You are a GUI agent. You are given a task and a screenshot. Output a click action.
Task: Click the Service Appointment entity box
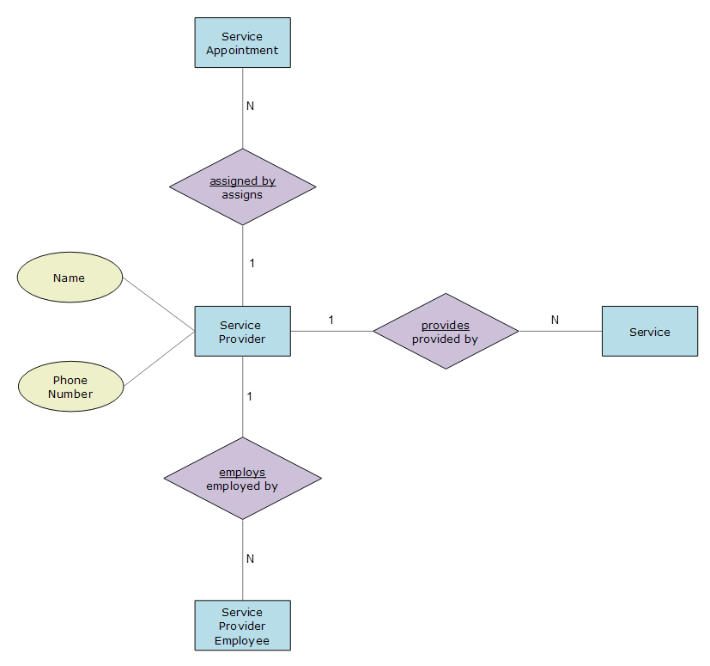tap(243, 43)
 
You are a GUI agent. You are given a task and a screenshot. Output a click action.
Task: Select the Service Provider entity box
tap(243, 332)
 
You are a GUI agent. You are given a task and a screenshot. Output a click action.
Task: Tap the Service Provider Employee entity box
tap(243, 626)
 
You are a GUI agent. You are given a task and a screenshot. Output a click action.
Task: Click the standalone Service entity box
tap(650, 332)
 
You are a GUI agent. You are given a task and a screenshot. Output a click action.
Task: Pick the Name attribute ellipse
tap(70, 278)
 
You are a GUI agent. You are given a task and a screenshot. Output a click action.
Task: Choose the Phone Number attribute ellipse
tap(70, 387)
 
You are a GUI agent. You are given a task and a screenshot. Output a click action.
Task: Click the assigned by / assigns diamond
tap(243, 186)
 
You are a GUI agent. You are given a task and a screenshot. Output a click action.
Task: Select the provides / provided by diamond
tap(446, 332)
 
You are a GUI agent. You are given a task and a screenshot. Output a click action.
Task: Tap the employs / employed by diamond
tap(243, 479)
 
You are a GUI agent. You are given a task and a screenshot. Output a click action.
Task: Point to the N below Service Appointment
tap(250, 106)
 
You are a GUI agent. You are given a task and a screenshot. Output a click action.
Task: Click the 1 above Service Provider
tap(252, 264)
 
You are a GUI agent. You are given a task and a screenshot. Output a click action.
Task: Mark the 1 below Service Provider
tap(250, 397)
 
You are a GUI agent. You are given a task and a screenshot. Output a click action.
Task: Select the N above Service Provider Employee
tap(250, 559)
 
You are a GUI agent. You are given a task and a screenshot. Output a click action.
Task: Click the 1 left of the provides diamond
tap(331, 320)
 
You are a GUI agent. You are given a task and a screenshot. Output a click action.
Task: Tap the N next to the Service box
tap(555, 320)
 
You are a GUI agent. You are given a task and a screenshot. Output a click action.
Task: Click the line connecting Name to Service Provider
tap(159, 305)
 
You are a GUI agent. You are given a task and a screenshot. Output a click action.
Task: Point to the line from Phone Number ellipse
tap(160, 358)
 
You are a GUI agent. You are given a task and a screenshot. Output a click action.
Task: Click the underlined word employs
tap(242, 473)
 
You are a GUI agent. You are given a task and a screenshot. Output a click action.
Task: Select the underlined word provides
tap(446, 326)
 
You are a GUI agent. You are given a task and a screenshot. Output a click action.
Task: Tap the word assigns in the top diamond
tap(242, 195)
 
